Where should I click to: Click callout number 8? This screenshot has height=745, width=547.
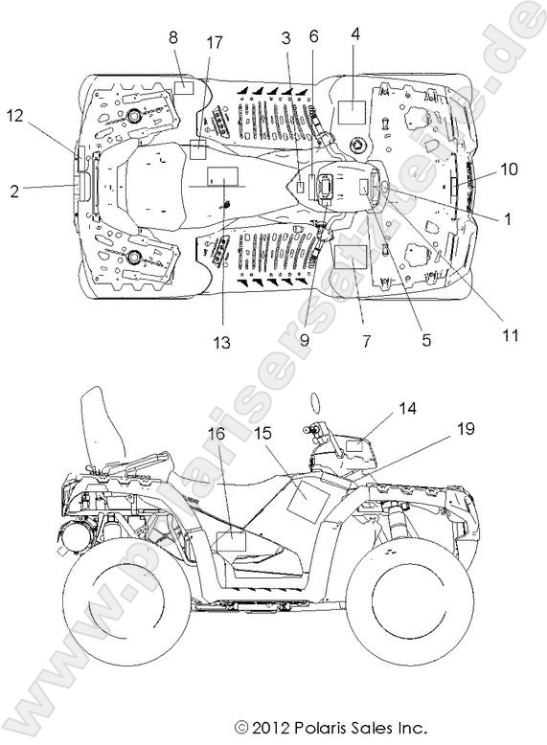tap(173, 37)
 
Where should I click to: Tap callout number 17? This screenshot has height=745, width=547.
tap(215, 42)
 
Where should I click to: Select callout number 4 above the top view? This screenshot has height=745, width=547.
tap(355, 34)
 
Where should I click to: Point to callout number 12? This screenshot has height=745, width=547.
tap(15, 115)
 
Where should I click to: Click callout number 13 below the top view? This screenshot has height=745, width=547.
tap(221, 342)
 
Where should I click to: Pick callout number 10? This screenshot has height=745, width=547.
tap(509, 169)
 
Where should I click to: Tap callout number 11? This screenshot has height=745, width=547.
tap(511, 335)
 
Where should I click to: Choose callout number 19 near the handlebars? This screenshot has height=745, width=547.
tap(466, 429)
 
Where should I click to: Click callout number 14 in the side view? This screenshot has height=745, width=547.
tap(407, 408)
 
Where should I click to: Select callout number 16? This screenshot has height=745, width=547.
tap(217, 434)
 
